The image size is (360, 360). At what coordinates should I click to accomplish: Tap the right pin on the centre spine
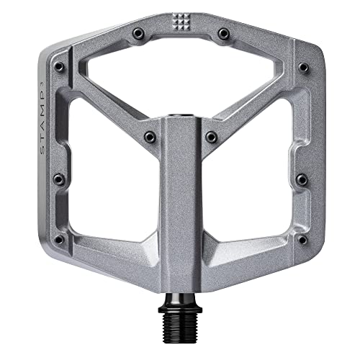(211, 135)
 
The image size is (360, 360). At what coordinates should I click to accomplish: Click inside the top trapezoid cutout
(180, 72)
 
